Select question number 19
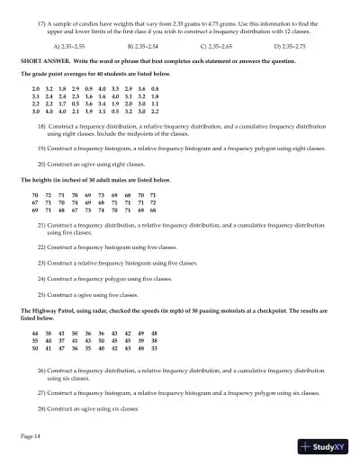coord(42,148)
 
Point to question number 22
coord(42,246)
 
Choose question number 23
coord(42,262)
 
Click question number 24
coord(42,278)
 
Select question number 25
coord(42,294)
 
